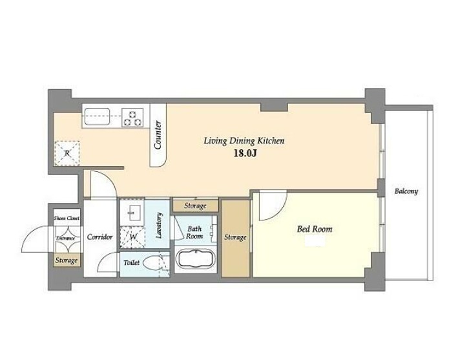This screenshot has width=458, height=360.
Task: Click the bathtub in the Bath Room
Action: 196,259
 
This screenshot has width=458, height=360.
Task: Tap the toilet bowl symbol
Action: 152,263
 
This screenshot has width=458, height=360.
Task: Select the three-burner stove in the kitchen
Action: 132,117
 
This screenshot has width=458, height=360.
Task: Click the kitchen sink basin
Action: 98,116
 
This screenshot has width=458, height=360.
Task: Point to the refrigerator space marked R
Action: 67,153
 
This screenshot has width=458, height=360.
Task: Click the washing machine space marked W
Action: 132,237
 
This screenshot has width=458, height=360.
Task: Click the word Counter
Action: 158,135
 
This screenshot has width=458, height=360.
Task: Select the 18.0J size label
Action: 245,153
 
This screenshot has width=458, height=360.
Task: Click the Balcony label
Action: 406,191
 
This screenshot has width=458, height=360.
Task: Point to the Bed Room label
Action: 315,229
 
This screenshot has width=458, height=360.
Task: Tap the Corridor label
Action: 100,237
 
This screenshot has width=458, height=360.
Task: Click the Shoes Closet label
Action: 67,218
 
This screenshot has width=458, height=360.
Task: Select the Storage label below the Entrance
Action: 67,260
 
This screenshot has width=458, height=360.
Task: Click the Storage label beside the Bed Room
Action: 235,237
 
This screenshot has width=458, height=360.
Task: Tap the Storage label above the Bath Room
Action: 195,206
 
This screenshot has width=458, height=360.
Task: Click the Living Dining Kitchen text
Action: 244,141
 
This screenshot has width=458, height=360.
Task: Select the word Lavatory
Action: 159,226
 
